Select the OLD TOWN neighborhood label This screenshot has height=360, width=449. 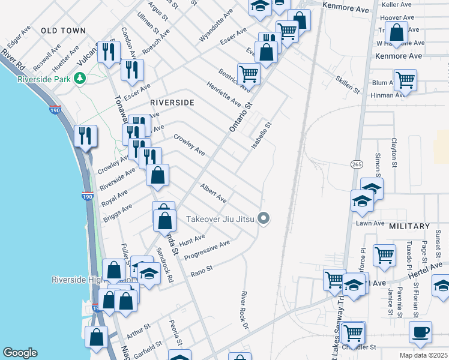(63, 30)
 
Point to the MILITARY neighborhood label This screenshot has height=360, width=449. (409, 226)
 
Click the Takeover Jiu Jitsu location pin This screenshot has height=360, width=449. (263, 218)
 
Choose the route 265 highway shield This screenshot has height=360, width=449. (355, 164)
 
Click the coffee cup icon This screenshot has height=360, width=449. (420, 331)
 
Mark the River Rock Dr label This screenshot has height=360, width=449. (244, 311)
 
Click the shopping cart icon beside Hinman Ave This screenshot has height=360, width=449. (406, 79)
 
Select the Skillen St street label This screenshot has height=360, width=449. (347, 85)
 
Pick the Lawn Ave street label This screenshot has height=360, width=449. (370, 223)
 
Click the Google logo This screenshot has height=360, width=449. (20, 353)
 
